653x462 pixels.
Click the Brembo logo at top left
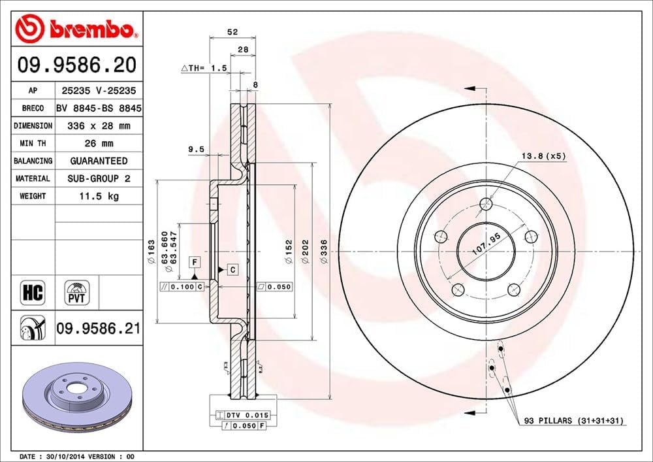click(x=78, y=29)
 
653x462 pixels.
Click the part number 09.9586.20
click(x=77, y=65)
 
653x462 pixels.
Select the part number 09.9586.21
click(x=98, y=329)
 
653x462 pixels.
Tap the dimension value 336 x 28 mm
click(x=99, y=125)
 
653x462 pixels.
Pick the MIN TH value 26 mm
click(x=99, y=143)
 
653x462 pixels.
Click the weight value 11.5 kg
click(x=99, y=196)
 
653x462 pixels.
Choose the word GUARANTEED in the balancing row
click(x=99, y=161)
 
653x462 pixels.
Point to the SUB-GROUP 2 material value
click(x=99, y=178)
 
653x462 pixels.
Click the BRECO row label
click(x=33, y=108)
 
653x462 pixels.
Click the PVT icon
click(x=76, y=293)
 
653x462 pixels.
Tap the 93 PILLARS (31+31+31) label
click(x=573, y=421)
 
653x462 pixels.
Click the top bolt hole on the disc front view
click(x=485, y=205)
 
